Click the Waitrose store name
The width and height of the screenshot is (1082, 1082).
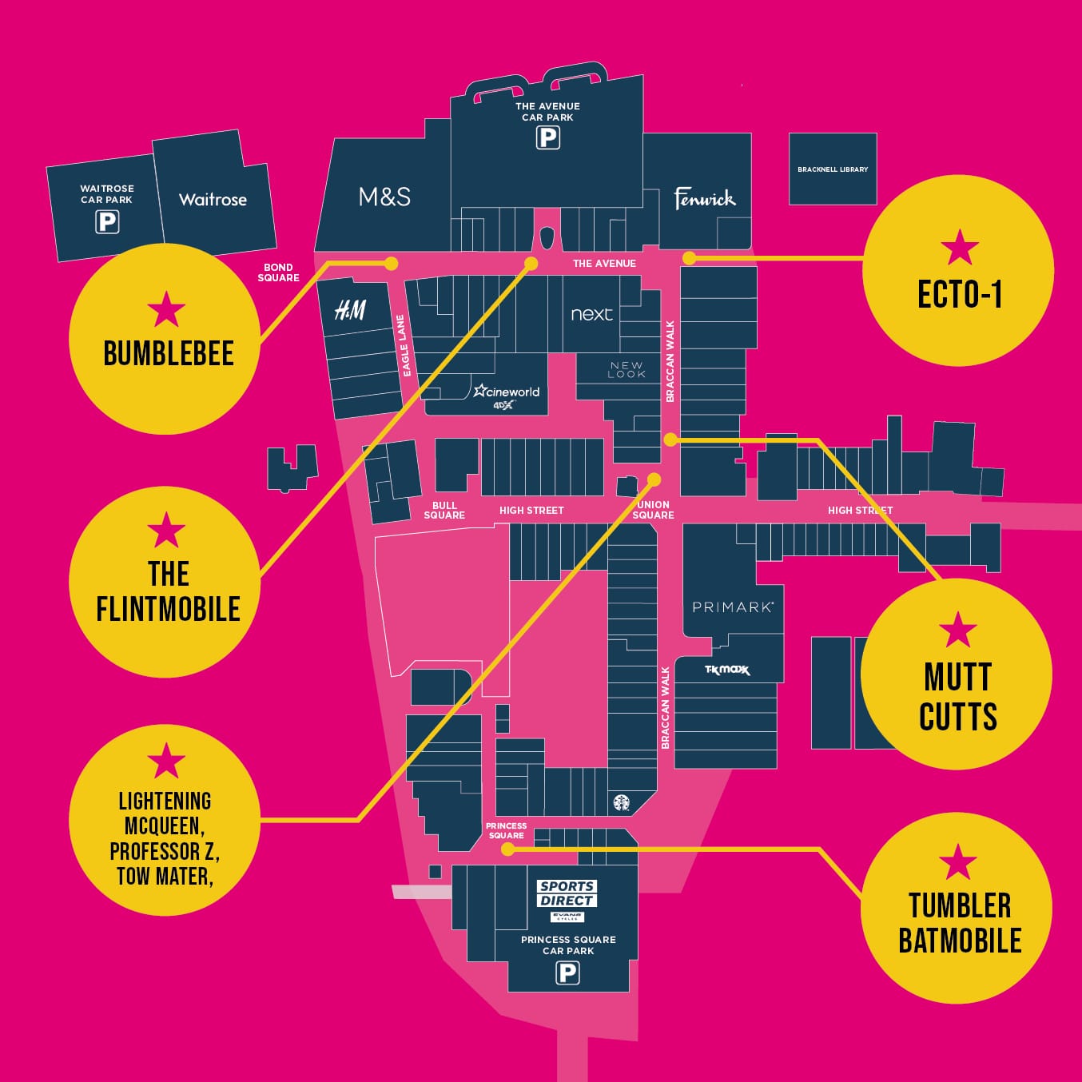(213, 199)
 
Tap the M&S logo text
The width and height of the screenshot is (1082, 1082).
(384, 197)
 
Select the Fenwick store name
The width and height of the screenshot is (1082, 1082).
(705, 199)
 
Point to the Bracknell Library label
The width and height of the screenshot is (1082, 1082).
(833, 169)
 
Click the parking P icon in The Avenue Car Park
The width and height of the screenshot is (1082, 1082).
(548, 137)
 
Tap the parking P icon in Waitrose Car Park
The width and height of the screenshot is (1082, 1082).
(107, 222)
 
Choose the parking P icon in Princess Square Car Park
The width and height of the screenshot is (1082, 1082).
(567, 973)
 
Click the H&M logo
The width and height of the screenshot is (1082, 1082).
(350, 310)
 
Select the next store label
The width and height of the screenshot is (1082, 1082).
(592, 314)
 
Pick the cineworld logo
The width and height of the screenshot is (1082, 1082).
(507, 395)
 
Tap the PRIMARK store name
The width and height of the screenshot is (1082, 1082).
(733, 607)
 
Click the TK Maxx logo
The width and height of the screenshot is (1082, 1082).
(727, 670)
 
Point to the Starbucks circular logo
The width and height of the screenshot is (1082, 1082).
(622, 803)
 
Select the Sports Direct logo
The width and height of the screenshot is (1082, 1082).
(567, 893)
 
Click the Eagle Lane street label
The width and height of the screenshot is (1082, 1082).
(404, 345)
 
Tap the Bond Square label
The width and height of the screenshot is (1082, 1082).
(279, 272)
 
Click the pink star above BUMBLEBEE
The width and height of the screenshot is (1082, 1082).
(166, 308)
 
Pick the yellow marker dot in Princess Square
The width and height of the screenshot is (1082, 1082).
(507, 849)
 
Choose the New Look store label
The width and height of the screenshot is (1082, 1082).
(627, 369)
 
